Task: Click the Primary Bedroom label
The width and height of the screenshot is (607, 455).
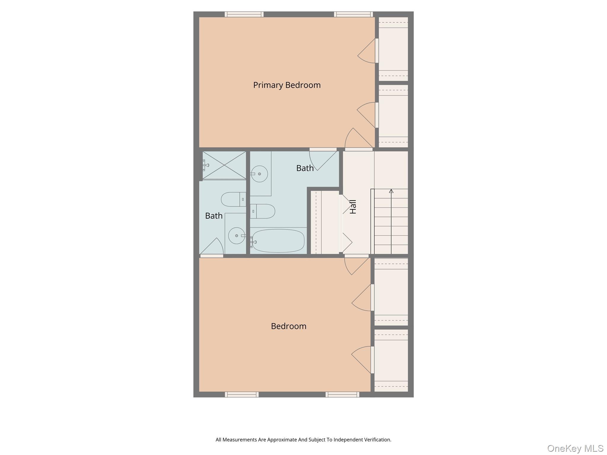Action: (x=287, y=85)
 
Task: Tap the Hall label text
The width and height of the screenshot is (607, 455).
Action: (x=353, y=207)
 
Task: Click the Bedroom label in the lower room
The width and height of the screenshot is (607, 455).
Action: (x=288, y=326)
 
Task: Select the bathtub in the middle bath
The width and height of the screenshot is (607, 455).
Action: (x=278, y=241)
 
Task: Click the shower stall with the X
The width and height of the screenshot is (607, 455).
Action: (x=224, y=165)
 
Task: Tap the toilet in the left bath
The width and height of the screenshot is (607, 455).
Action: (x=233, y=199)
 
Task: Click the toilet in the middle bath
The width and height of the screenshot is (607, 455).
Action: (x=263, y=211)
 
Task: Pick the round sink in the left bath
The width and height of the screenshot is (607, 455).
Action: (x=237, y=236)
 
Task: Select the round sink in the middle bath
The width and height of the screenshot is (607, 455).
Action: (x=259, y=174)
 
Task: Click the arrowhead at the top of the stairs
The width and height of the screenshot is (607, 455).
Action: (x=391, y=191)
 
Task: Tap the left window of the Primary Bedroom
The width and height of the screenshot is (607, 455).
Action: (x=244, y=14)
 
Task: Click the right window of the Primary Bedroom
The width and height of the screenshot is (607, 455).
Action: (x=353, y=14)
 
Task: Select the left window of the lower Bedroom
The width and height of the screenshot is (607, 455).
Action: (x=242, y=394)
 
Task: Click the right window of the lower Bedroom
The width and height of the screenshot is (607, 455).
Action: (x=342, y=394)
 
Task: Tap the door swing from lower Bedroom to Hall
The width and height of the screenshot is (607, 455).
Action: (x=356, y=265)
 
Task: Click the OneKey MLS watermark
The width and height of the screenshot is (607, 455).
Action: (x=575, y=448)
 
